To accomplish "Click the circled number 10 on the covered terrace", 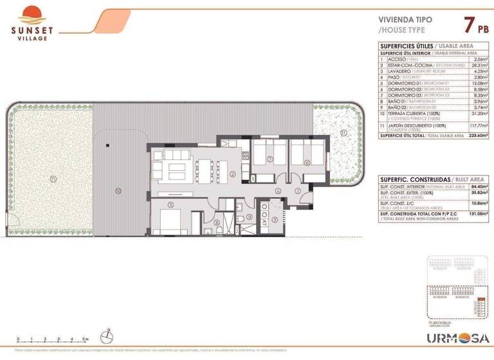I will pos(118,190).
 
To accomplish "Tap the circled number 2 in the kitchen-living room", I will pos(233,173).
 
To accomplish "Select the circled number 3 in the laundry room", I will pos(275,219).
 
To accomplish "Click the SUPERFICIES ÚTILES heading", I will pos(405,47).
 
